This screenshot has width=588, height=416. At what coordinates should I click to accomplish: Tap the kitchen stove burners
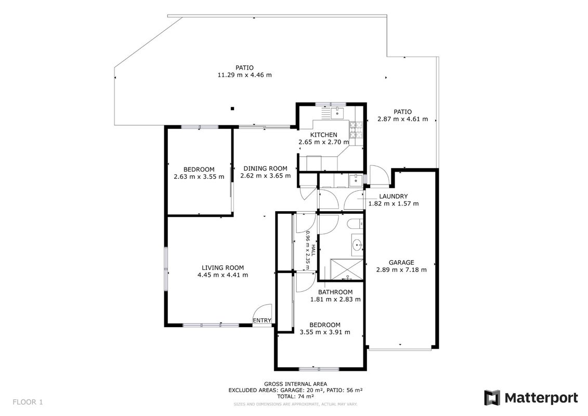pos(356,130)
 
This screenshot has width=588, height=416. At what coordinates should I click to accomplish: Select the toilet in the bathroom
pos(355,224)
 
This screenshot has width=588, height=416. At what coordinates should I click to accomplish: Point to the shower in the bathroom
pos(346,269)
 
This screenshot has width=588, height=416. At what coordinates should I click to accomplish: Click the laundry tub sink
pos(355,180)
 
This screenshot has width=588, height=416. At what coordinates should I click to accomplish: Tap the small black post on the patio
pos(232,109)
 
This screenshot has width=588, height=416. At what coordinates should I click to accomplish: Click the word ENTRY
pos(262,320)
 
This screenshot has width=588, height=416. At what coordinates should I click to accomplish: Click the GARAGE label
pos(401,263)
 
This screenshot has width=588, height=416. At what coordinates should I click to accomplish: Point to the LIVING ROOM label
pos(223,268)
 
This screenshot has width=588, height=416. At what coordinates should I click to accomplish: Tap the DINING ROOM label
pos(266,168)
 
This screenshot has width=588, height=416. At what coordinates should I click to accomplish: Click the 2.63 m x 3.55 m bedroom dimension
pos(199,176)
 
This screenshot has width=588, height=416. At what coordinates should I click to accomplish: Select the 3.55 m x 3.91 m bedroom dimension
pos(325,332)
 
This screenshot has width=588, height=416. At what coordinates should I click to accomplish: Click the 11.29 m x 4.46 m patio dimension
pos(244,75)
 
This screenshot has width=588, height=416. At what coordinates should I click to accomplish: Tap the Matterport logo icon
pos(492,398)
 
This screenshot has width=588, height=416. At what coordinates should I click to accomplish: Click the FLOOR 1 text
pos(28,402)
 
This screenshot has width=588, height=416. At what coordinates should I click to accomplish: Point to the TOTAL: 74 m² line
pos(295,396)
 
